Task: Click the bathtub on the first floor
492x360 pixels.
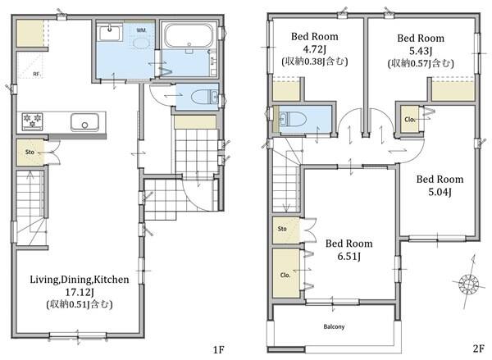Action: pos(189,35)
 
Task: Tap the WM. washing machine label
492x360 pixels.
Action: pos(142,30)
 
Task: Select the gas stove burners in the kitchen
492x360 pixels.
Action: pos(32,121)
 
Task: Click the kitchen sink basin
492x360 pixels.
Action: pos(84,122)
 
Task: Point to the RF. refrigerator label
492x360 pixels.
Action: pos(37,75)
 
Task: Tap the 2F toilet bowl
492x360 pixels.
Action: pos(293,120)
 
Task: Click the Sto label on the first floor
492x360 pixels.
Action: pos(30,152)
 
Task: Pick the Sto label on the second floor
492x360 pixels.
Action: pos(282,229)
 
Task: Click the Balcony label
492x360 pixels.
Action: pos(334,326)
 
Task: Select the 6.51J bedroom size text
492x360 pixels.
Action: pos(349,257)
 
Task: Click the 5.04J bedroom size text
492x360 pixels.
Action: pos(440,192)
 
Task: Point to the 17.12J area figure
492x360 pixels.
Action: pos(80,292)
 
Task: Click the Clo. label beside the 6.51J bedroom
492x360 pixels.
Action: pos(285,275)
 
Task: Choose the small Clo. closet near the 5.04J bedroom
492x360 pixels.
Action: pos(410,120)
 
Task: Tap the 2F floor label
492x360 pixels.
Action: pos(477,349)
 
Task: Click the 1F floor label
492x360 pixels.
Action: pos(218,349)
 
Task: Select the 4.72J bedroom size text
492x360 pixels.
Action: pos(314,49)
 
